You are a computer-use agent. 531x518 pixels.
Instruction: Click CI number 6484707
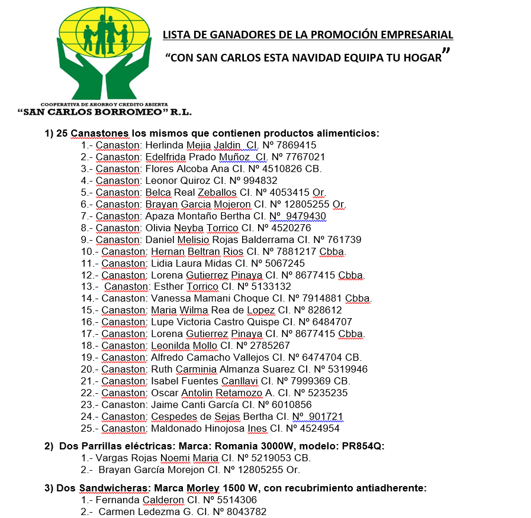click(329, 322)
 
